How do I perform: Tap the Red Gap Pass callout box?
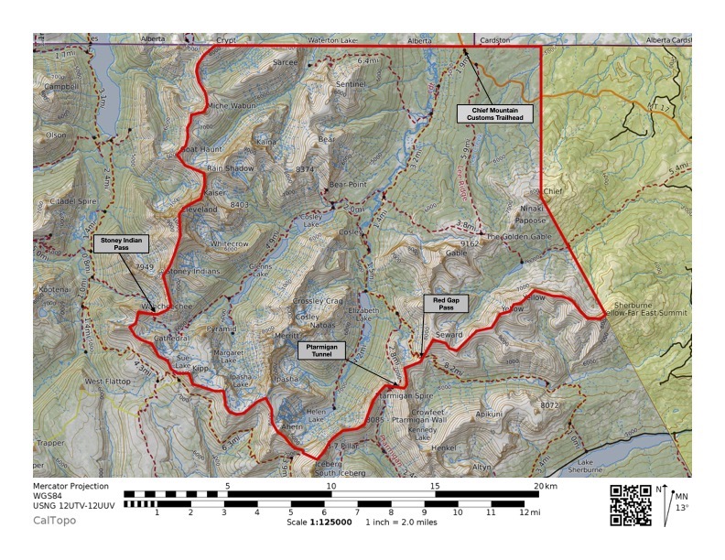(x=445, y=305)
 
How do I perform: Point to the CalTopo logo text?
(x=55, y=521)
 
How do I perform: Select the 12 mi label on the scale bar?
(x=530, y=513)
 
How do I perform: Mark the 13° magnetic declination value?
(x=681, y=508)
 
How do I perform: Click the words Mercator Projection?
(x=70, y=486)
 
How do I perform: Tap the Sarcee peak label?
(x=286, y=62)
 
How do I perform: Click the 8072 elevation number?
(x=549, y=404)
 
